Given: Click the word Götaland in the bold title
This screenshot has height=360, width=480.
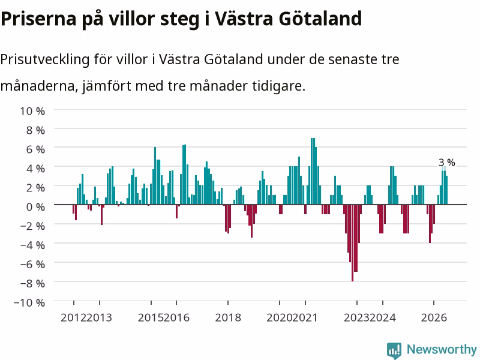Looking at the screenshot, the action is pos(320,19).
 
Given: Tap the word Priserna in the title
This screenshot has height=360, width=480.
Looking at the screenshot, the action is pos(38,19).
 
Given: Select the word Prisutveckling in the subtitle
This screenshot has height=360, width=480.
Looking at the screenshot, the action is pos(44,59).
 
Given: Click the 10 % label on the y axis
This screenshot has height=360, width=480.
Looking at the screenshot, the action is pos(32,111).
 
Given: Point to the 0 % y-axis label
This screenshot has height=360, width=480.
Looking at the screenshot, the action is pos(35,207).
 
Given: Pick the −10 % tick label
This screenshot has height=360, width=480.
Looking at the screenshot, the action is pos(29,302).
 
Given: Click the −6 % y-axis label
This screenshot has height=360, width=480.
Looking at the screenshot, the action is pos(32,264).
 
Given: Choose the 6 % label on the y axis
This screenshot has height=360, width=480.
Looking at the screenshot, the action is pos(35,149).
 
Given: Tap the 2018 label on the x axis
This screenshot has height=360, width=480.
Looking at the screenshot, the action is pos(228,317).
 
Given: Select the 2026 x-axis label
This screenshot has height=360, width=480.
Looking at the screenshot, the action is pos(434,317).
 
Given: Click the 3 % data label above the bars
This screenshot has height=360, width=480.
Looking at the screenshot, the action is pos(446,162).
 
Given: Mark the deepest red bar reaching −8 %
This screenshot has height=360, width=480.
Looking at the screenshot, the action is pos(352,243).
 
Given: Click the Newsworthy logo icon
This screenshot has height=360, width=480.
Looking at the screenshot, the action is pos(394,350).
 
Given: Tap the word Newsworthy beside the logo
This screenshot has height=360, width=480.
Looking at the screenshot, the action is pos(442,349).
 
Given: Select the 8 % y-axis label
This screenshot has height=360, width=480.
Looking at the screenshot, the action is pos(35,130).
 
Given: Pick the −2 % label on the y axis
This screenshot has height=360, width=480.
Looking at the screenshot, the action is pos(32,226).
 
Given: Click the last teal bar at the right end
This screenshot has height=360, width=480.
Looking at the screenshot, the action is pos(446,190).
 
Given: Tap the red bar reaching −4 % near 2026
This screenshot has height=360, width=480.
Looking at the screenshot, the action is pos(430,224).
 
